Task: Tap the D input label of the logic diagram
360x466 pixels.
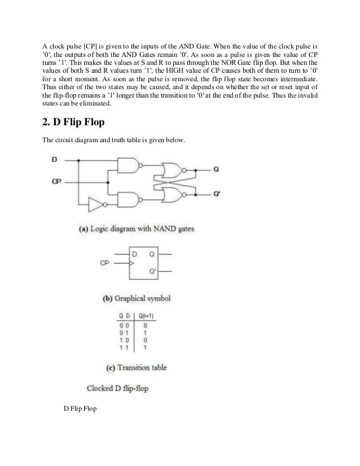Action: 54,160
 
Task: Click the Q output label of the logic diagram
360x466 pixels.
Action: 217,169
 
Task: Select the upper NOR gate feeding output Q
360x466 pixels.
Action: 172,169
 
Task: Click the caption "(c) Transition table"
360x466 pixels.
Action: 137,368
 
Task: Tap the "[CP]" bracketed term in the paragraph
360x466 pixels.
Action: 90,46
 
